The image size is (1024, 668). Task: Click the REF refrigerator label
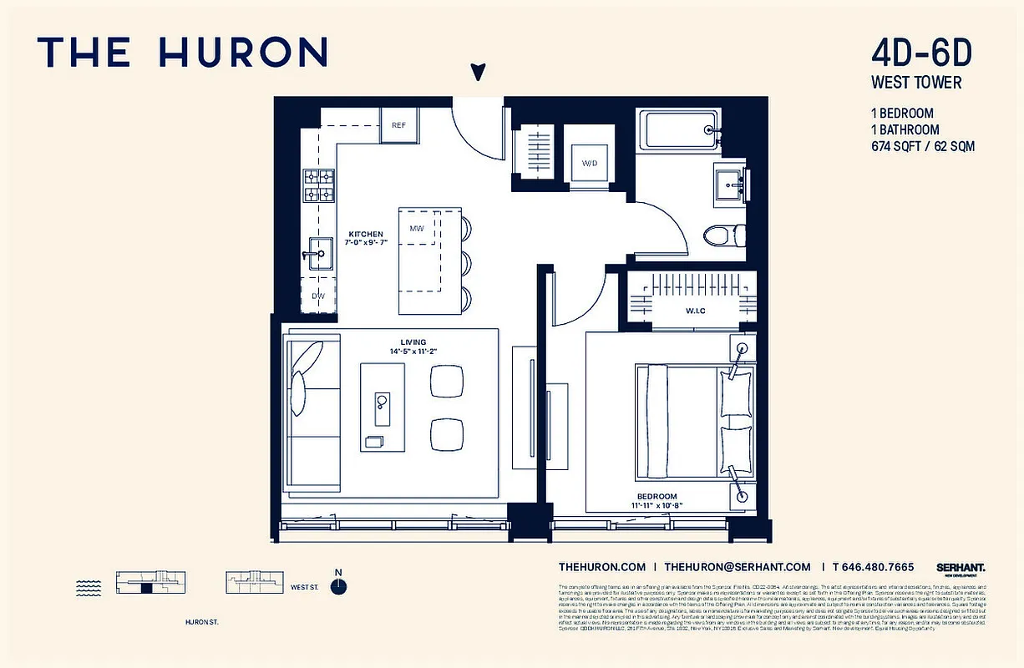[398, 125]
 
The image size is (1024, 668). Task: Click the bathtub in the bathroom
[677, 131]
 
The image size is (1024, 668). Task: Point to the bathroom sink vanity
[730, 183]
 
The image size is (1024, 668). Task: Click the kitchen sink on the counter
[317, 253]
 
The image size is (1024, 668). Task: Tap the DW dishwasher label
[318, 296]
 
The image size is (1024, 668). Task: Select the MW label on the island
[416, 228]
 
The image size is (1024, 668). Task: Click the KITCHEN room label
[366, 235]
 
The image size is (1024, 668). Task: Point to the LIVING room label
[413, 342]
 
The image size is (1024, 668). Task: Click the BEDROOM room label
[656, 496]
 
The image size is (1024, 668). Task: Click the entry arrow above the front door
[478, 73]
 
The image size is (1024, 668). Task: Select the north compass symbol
[338, 586]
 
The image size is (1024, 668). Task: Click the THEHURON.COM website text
[602, 566]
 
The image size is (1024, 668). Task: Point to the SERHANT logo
[961, 567]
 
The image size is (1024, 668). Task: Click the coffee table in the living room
[383, 406]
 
